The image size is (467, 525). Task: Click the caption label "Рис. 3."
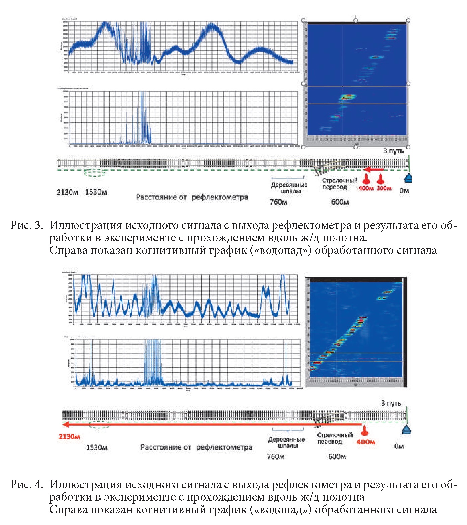(x=27, y=225)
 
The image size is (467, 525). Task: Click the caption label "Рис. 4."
(x=27, y=484)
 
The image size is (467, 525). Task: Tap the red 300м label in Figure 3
(x=384, y=188)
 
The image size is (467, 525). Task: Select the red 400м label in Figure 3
(x=366, y=188)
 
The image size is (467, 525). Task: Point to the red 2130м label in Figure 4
(x=69, y=437)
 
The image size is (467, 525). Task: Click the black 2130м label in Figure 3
(x=67, y=192)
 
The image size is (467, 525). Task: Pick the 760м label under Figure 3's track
(x=278, y=202)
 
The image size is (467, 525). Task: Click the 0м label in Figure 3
(x=404, y=191)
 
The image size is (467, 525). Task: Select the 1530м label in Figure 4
(x=96, y=447)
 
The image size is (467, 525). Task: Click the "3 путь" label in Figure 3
(x=394, y=151)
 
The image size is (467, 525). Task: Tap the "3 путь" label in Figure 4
(x=391, y=403)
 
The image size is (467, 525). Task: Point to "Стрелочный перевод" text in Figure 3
(x=339, y=184)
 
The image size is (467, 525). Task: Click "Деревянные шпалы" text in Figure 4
(x=286, y=442)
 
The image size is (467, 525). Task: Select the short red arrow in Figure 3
(x=374, y=170)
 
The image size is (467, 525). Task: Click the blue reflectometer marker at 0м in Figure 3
(x=408, y=178)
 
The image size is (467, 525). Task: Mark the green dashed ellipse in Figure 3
(x=95, y=173)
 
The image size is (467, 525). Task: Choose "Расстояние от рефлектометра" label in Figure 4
(x=196, y=447)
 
